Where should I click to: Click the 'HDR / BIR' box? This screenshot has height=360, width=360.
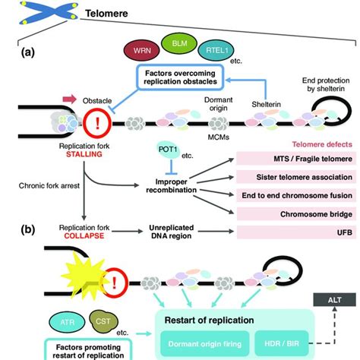(280, 342)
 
